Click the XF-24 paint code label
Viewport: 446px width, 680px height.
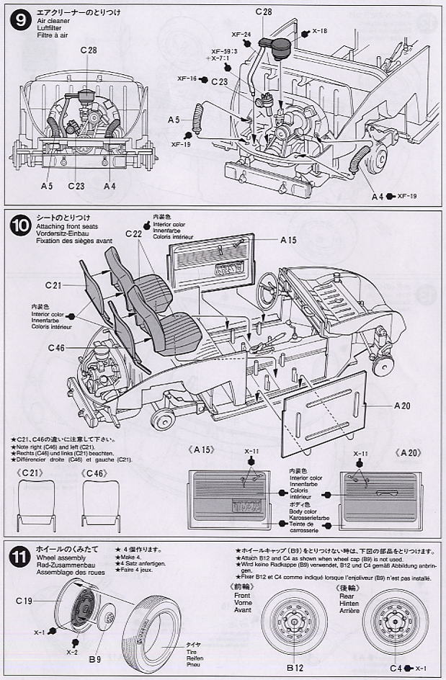pos(242,35)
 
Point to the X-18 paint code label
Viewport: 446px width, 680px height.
pos(319,32)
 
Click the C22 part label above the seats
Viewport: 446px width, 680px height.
pos(133,233)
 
